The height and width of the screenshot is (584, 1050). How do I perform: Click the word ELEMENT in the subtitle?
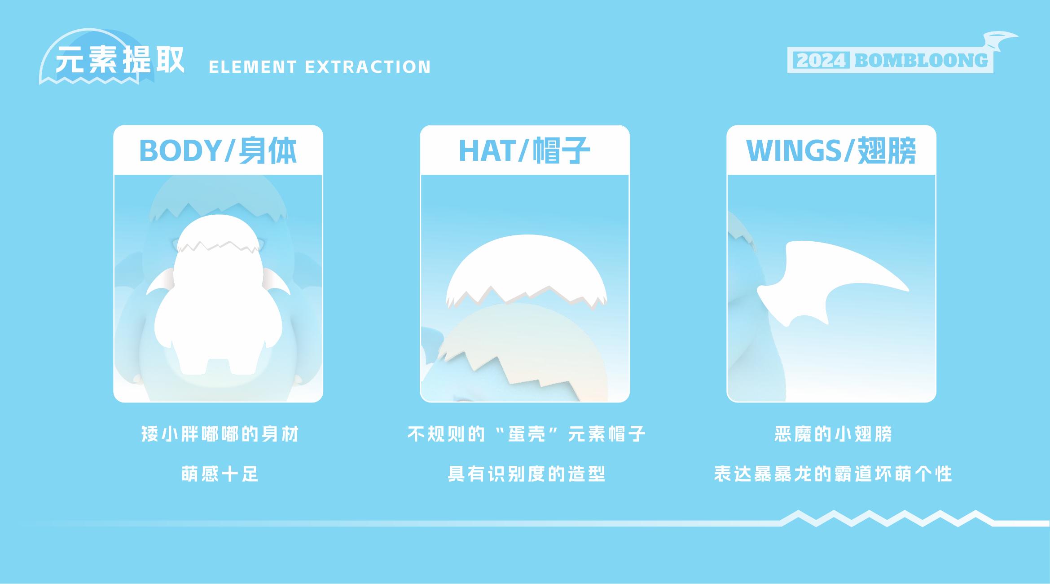point(253,67)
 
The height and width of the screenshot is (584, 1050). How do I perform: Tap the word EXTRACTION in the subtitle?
point(368,67)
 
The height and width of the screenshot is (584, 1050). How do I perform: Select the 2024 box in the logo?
point(821,61)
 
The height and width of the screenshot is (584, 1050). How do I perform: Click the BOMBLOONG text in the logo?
point(921,61)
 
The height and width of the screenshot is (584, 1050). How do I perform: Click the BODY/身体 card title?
point(218,150)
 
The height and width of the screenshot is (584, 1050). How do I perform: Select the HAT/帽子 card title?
point(524,150)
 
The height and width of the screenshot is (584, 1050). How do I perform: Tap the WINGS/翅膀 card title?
point(831,150)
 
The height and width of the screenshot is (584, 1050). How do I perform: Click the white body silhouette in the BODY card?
point(218,305)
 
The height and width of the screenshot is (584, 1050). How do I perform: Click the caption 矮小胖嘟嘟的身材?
point(220,434)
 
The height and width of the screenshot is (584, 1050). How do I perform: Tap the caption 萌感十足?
point(220,474)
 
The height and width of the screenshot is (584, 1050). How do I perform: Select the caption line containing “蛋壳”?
point(526,434)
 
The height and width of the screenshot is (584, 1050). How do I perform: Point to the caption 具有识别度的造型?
point(526,474)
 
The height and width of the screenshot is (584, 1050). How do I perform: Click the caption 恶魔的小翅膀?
point(833,434)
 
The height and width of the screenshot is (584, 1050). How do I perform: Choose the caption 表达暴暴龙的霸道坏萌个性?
point(833,474)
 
